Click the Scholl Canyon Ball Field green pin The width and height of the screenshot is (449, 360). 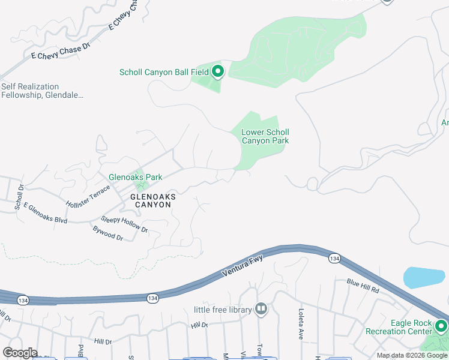point(217,72)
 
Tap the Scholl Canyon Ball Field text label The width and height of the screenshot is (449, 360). point(164,73)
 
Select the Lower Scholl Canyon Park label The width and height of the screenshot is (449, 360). point(265,136)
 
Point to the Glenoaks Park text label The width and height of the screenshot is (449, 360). point(135,178)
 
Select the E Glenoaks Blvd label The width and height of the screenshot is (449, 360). point(46,214)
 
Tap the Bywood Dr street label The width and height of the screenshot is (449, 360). point(107,233)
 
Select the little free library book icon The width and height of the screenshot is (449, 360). point(261,310)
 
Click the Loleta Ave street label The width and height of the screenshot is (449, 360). point(300,324)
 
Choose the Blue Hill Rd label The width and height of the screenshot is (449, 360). point(363,286)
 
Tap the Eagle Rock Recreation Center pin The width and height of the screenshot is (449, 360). point(441,327)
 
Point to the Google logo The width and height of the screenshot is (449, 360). point(20,353)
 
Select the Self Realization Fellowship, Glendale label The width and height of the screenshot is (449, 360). point(42,91)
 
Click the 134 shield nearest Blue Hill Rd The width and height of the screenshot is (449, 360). point(334,258)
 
